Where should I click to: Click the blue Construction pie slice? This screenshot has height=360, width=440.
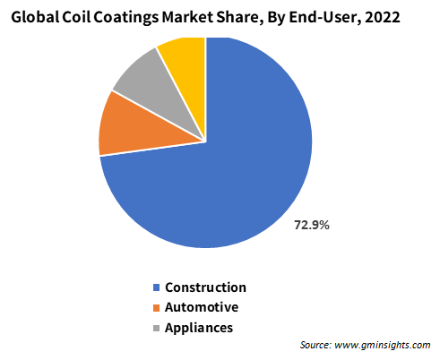click(227, 167)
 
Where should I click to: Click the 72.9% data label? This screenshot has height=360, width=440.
click(312, 225)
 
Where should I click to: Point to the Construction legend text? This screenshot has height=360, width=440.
click(205, 287)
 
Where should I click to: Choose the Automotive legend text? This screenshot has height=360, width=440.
click(202, 307)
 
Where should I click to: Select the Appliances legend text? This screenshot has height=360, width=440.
click(199, 328)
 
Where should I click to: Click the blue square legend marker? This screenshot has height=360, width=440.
click(156, 287)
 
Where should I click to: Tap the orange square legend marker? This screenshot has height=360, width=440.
click(156, 308)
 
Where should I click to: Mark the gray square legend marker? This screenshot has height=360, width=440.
click(156, 328)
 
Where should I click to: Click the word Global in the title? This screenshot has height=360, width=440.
click(35, 17)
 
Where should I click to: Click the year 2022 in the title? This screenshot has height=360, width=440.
click(382, 17)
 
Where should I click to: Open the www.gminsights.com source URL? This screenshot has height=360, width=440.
click(383, 346)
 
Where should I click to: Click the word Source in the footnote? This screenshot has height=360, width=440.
click(315, 345)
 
